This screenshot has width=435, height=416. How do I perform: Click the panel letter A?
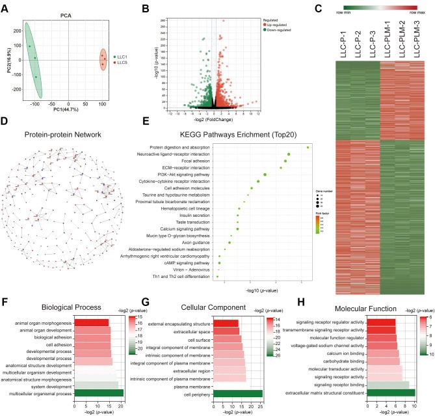coord(5,6)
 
